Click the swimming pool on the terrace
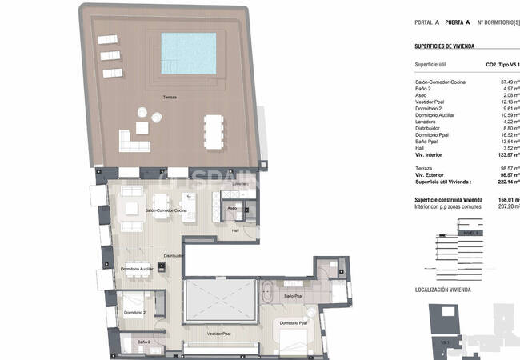[189, 53]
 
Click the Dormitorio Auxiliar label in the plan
[137, 270]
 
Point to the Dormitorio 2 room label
[134, 314]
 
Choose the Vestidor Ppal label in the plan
[219, 333]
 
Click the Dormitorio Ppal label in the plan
[293, 323]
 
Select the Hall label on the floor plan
[236, 230]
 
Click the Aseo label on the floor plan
[231, 207]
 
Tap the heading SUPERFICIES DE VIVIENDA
[445, 47]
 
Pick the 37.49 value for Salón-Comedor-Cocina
[510, 82]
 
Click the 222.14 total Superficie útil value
[506, 182]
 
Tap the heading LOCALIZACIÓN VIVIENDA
[446, 289]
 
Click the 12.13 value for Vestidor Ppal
[510, 102]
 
